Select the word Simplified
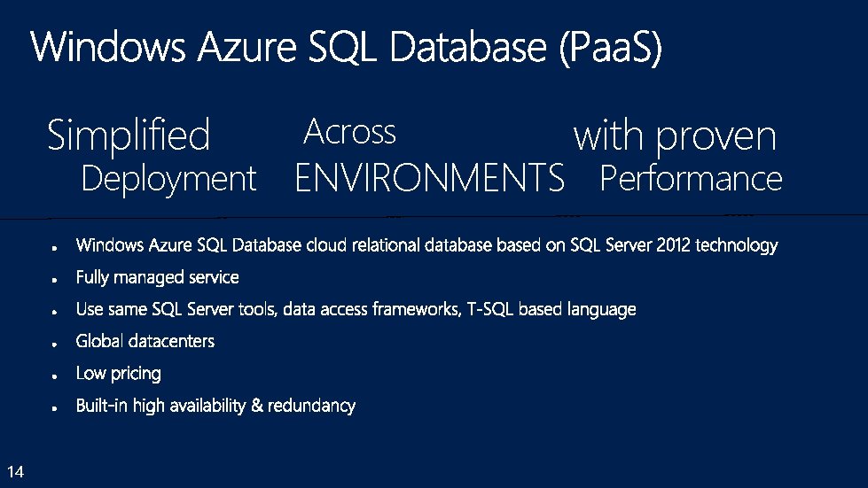click(x=129, y=136)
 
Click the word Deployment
click(x=168, y=179)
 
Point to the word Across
click(x=349, y=132)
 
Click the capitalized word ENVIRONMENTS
click(x=429, y=179)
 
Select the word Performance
click(x=691, y=179)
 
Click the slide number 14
click(x=14, y=469)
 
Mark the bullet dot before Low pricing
click(x=55, y=376)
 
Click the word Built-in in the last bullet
click(x=102, y=406)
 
